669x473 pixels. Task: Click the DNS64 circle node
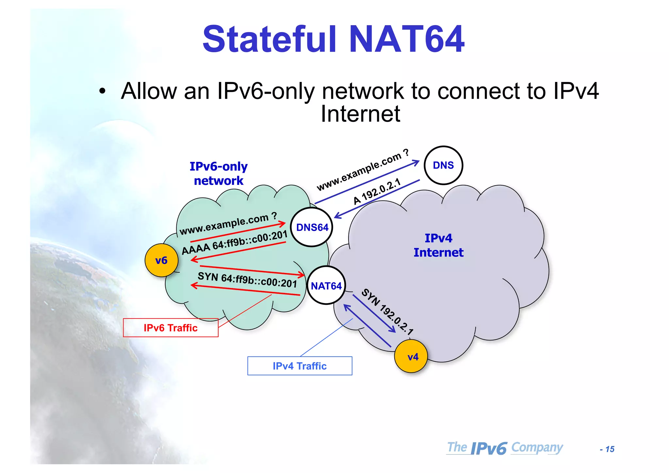[x=312, y=227]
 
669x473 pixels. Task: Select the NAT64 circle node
[x=326, y=286]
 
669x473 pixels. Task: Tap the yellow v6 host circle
[x=161, y=260]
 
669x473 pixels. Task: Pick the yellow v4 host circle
[x=411, y=356]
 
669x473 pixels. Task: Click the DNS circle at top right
[x=443, y=165]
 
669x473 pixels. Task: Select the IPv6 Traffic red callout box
[x=171, y=328]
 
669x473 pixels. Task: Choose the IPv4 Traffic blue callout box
[x=300, y=366]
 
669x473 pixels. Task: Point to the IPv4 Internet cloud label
[x=438, y=245]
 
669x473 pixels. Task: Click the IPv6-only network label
[x=219, y=173]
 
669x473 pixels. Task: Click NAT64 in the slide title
[x=407, y=39]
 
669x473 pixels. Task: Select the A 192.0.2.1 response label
[x=377, y=192]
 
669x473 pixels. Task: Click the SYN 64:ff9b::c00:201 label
[x=247, y=280]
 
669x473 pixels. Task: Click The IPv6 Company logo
[x=505, y=448]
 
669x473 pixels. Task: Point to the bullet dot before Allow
[x=103, y=91]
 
